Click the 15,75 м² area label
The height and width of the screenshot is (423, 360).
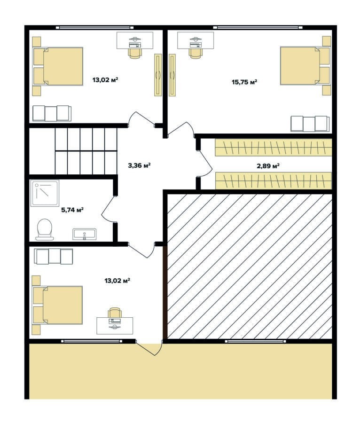tap(244, 82)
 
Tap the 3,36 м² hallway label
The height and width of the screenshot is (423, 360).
tap(139, 165)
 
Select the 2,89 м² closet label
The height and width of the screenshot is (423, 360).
tap(268, 165)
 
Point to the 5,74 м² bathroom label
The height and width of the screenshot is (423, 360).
tap(72, 210)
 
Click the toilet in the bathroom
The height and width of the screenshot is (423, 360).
tap(45, 229)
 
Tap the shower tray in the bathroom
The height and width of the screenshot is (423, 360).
tap(45, 194)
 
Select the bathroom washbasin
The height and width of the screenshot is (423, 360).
tap(85, 234)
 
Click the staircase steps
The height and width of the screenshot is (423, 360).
tap(86, 151)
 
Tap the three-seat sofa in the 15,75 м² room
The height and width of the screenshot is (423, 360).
tap(310, 124)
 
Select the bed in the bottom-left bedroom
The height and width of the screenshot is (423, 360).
tap(57, 305)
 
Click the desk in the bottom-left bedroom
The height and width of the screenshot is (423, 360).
tap(115, 326)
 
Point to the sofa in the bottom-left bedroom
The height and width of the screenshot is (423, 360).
tap(54, 256)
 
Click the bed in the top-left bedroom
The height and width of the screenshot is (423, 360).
tap(58, 66)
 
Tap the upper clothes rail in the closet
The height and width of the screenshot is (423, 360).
tap(273, 147)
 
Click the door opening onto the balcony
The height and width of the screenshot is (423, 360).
tap(149, 348)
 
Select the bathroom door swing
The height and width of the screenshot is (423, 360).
tap(108, 209)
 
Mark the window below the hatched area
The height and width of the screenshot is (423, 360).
tap(255, 341)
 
